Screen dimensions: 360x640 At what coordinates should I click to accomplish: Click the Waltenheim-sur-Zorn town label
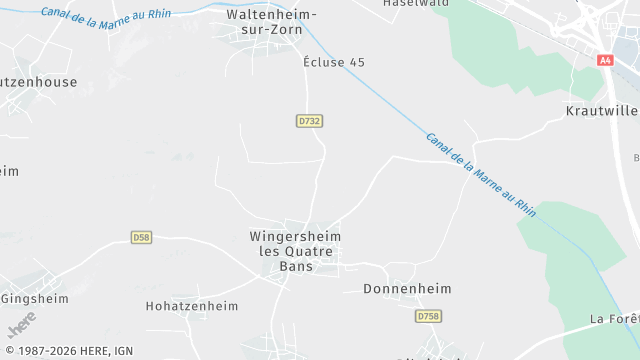coord(272,23)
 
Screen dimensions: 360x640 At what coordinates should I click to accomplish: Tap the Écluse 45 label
coord(334,62)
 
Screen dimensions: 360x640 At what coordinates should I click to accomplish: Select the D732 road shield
coord(310,121)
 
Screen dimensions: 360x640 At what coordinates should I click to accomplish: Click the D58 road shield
coord(141,237)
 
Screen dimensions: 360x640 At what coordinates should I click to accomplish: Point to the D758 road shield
coord(428,316)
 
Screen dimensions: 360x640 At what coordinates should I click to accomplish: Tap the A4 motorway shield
coord(605,60)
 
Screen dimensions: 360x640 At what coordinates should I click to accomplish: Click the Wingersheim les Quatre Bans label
coord(295,251)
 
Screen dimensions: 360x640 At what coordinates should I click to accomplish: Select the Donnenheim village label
coord(406,289)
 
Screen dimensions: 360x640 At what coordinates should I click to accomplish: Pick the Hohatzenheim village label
coord(192,306)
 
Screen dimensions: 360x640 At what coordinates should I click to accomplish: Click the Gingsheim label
coord(35,298)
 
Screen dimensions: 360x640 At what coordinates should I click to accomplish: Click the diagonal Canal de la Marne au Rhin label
coord(481,175)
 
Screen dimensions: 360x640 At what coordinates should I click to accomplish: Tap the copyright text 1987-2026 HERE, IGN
coord(68,351)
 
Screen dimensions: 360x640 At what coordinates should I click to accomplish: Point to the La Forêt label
coord(614,319)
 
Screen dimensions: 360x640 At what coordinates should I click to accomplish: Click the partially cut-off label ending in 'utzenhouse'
coord(38,82)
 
